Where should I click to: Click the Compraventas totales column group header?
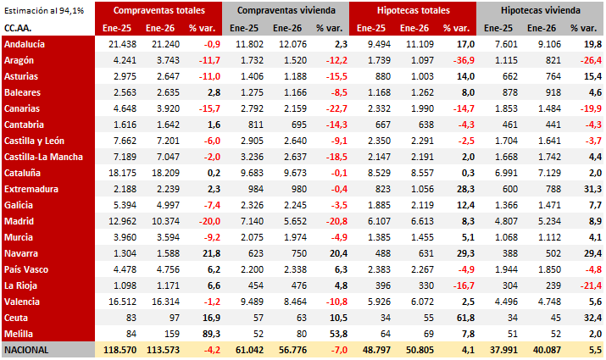click(158, 11)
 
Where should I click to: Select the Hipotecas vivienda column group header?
click(540, 11)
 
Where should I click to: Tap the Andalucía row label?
click(25, 43)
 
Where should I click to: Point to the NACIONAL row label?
click(28, 349)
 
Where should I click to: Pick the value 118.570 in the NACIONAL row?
click(120, 349)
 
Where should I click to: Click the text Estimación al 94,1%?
click(42, 11)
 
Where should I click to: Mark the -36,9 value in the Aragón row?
click(461, 59)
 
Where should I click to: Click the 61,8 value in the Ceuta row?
click(463, 317)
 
